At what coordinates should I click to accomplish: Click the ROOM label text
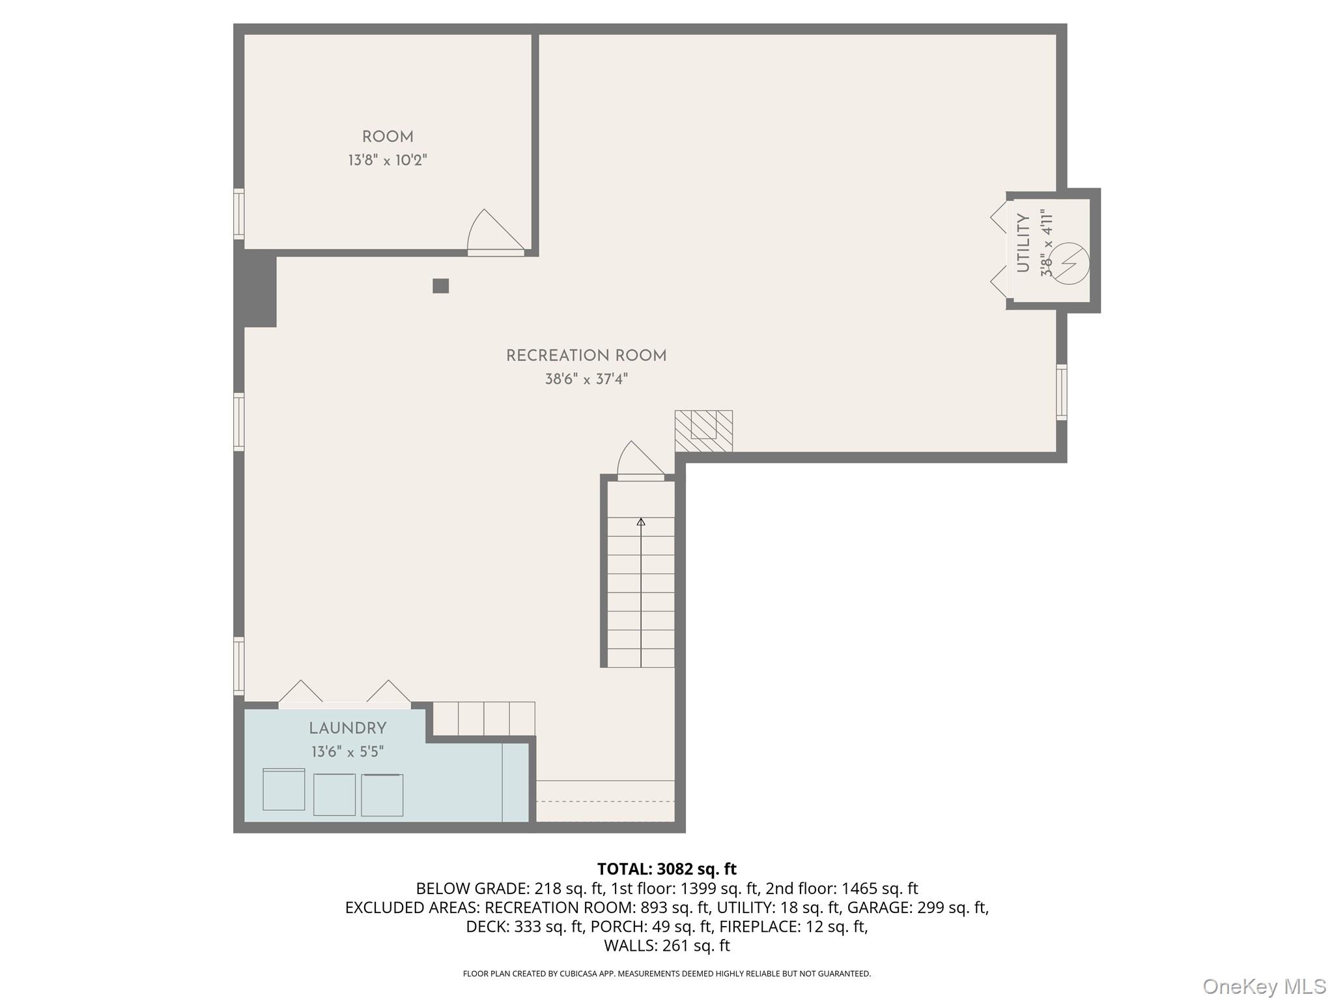point(388,137)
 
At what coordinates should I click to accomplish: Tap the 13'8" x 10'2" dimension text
point(388,160)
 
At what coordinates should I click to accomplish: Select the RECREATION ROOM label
point(586,356)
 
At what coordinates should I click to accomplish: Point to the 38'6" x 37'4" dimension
point(586,379)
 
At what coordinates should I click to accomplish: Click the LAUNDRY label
point(348,729)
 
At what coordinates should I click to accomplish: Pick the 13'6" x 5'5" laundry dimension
point(348,752)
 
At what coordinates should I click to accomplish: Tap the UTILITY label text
point(1023,243)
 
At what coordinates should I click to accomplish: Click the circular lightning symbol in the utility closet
point(1070,263)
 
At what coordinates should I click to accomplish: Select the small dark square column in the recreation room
point(441,286)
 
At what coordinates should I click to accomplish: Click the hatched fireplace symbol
point(703,431)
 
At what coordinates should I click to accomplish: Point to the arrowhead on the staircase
point(641,522)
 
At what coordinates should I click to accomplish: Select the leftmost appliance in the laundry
point(283,789)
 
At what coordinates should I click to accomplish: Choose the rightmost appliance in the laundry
point(382,795)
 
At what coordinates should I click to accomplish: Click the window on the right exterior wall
point(1061,392)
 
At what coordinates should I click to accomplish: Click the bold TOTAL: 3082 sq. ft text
point(666,869)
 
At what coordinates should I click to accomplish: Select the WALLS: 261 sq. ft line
point(666,945)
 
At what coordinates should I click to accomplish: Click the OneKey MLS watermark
point(1264,986)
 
